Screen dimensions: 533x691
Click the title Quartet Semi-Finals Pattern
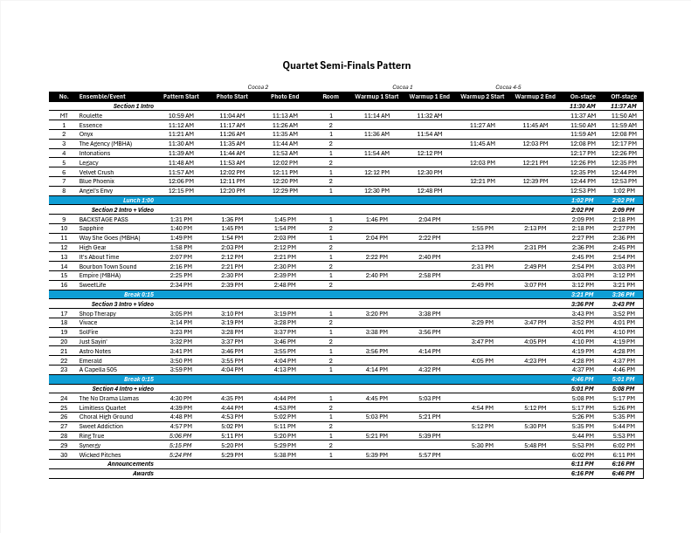coord(346,65)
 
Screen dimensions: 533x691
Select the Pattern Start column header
coord(181,96)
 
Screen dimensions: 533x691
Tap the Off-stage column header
coord(624,97)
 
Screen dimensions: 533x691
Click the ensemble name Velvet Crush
coord(96,172)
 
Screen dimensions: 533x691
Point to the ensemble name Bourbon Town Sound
coord(107,266)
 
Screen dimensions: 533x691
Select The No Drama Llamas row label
coord(108,398)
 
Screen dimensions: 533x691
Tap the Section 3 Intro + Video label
coord(122,304)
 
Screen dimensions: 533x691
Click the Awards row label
coord(142,473)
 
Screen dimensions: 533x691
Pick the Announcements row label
coord(130,463)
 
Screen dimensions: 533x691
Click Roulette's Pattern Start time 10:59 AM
coord(181,115)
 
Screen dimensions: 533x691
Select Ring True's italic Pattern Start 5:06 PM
coord(181,435)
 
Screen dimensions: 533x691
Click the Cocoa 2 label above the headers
coord(258,87)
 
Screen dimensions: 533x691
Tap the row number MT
coord(64,115)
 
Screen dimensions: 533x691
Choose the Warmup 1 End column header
coord(429,96)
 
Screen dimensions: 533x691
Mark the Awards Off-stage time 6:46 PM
coord(624,473)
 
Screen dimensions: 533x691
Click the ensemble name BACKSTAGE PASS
coord(103,219)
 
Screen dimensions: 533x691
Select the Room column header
coord(330,96)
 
